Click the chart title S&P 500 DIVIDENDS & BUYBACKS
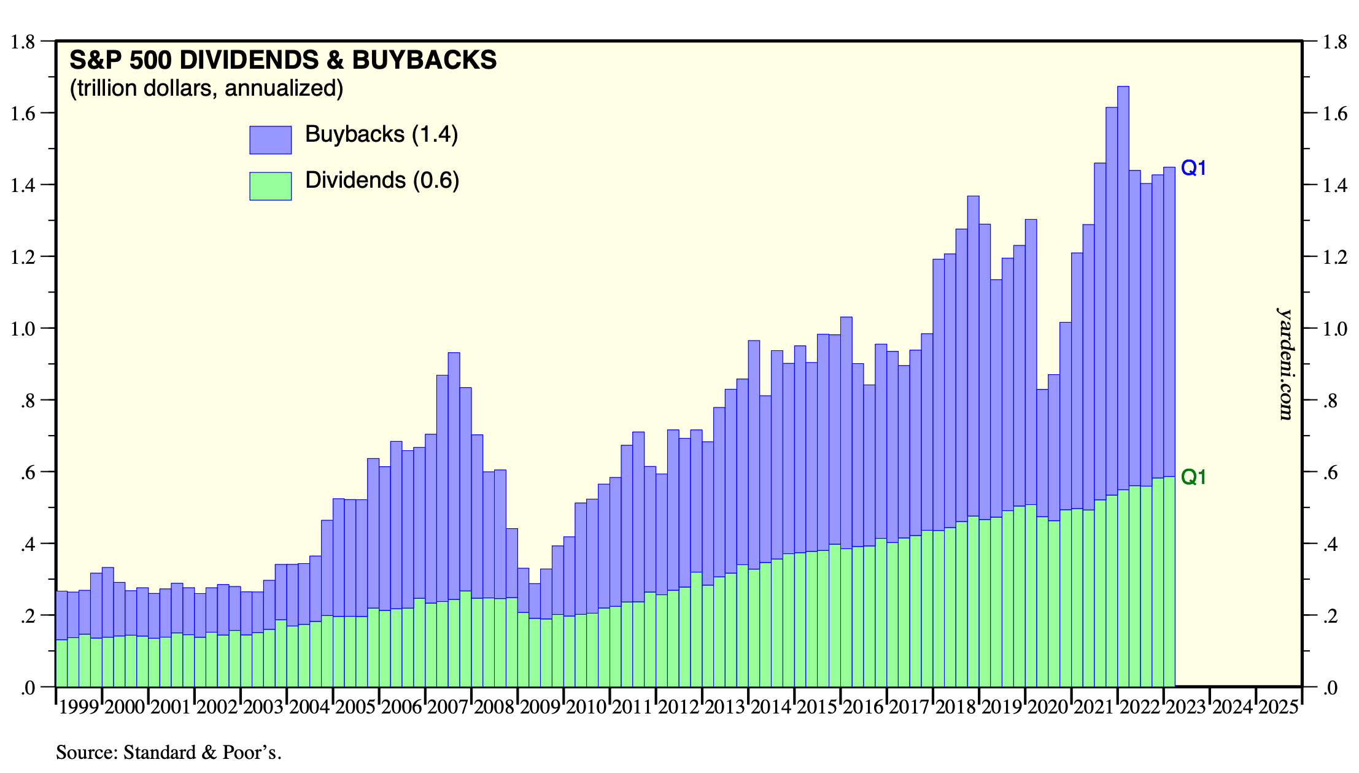click(x=283, y=60)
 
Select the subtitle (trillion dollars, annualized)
click(x=206, y=88)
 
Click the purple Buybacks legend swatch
click(x=270, y=140)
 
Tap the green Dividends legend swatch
click(x=270, y=186)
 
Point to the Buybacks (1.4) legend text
click(x=381, y=134)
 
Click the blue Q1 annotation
click(x=1193, y=167)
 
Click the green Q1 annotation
click(x=1193, y=477)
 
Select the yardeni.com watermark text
click(x=1285, y=364)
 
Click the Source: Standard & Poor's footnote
click(x=168, y=752)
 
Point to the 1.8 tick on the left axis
click(x=23, y=42)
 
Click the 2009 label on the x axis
click(x=540, y=707)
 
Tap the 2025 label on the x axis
click(x=1279, y=707)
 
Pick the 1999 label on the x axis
click(x=79, y=707)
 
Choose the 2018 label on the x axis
click(x=955, y=707)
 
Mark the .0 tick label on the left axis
click(x=27, y=688)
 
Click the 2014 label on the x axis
click(x=770, y=707)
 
